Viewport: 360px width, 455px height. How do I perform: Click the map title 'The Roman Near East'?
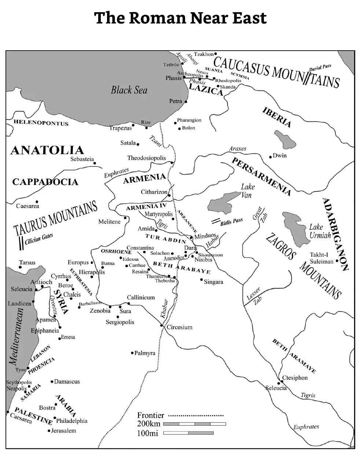180,18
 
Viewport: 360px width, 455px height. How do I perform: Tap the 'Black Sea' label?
129,90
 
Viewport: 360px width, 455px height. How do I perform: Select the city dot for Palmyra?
132,353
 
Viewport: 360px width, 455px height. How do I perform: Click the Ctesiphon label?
295,378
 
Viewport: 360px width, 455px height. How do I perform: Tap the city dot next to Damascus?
52,382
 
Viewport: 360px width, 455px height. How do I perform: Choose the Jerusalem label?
63,430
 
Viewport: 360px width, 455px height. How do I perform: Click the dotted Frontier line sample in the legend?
196,416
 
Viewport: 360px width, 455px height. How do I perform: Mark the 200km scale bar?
194,424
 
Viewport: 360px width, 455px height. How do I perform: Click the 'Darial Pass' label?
320,68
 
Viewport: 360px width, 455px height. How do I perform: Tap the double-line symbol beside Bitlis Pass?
215,222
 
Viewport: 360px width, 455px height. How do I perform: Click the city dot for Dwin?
271,156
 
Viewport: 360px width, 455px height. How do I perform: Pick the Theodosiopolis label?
146,158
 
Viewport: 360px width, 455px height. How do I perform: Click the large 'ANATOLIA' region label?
47,150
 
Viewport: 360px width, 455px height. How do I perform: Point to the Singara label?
213,282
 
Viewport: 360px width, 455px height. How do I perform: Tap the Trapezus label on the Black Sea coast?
120,128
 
